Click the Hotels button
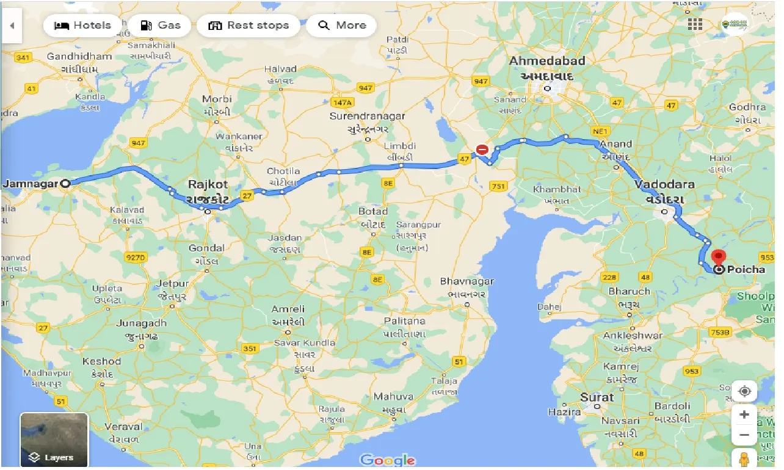click(82, 26)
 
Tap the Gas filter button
click(160, 26)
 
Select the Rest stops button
click(248, 26)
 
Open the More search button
click(341, 26)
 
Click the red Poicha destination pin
click(719, 258)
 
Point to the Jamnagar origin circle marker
click(66, 183)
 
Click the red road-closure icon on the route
click(482, 149)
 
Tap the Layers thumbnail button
click(54, 439)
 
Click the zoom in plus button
click(744, 415)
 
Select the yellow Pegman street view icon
click(744, 459)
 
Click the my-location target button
click(744, 391)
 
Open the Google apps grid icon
click(695, 24)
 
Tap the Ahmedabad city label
click(547, 61)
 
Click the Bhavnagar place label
click(467, 281)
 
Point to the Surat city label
click(597, 397)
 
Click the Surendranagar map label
click(367, 116)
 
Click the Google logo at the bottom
click(388, 460)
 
